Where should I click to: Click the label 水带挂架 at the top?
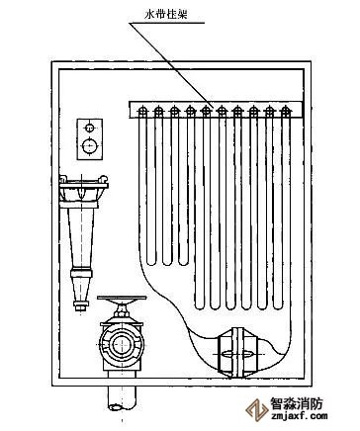click(166, 15)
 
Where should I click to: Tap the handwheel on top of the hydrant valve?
click(122, 298)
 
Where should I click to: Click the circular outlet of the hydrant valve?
click(122, 344)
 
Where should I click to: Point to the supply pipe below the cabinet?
click(122, 397)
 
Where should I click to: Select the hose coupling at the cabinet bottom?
click(236, 353)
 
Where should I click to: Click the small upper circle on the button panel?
click(89, 128)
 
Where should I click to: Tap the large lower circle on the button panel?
click(90, 145)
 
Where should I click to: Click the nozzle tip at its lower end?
click(80, 307)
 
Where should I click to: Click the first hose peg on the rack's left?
click(142, 112)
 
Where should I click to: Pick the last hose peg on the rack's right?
click(285, 112)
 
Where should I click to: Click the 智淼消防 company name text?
click(297, 403)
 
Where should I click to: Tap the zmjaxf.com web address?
click(299, 416)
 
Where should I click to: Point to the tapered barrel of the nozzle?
click(81, 238)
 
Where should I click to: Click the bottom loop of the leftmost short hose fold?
click(151, 262)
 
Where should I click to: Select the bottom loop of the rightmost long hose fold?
click(278, 306)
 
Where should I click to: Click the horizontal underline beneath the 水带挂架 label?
click(166, 23)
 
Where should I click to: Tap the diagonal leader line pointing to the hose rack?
click(172, 64)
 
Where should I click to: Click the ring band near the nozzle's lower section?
click(81, 273)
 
